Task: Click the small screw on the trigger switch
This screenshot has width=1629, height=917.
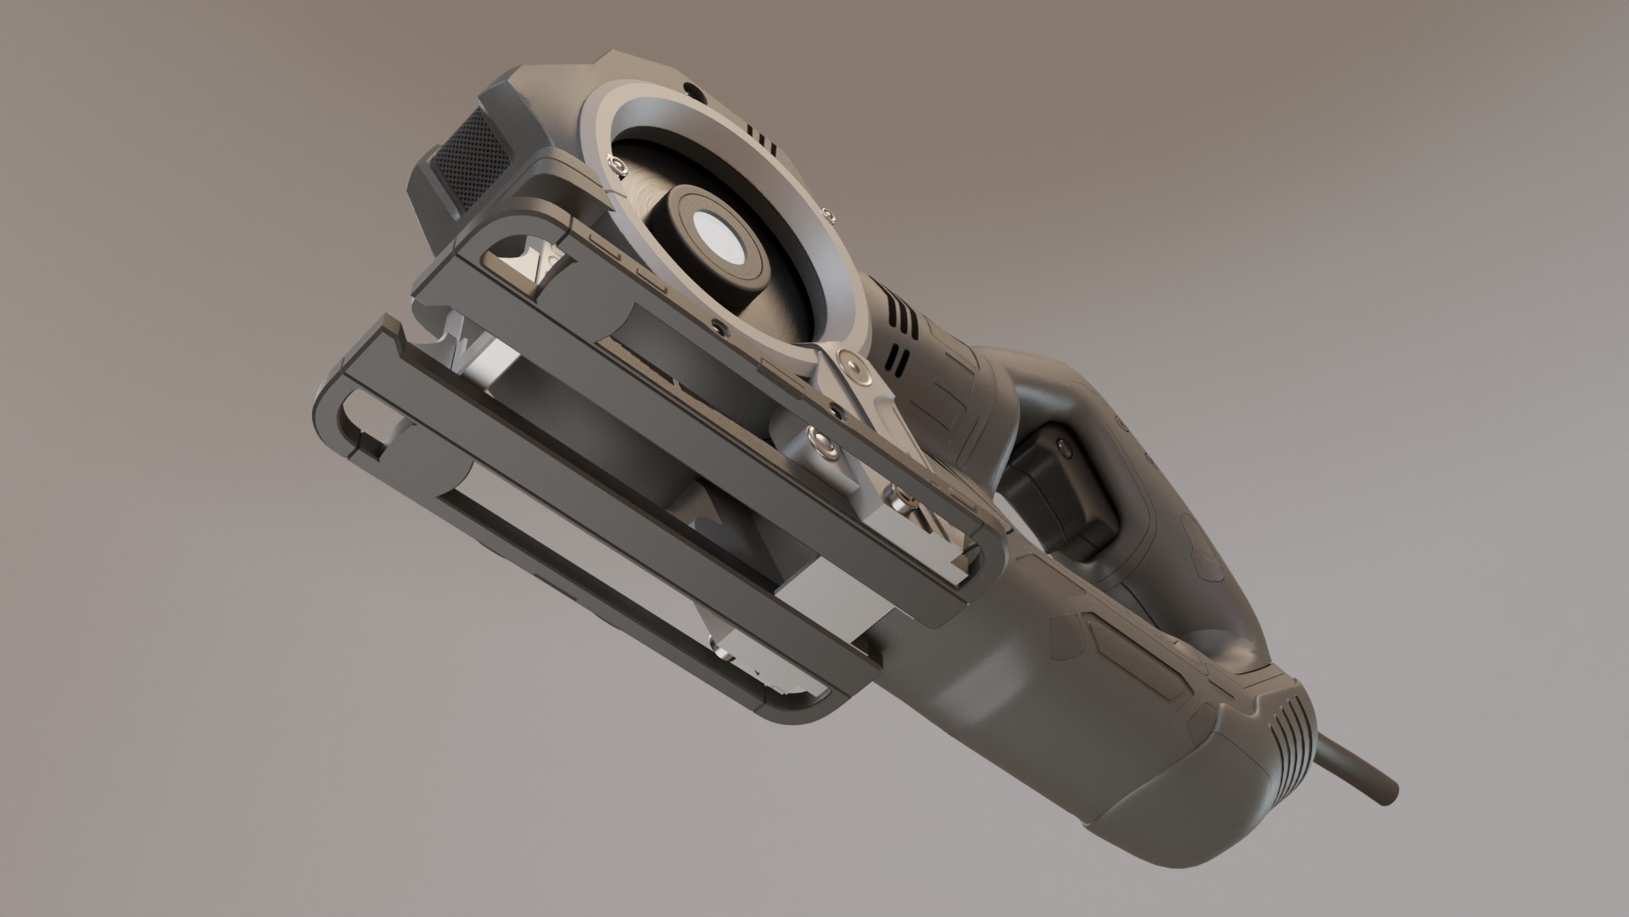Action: coord(1061,441)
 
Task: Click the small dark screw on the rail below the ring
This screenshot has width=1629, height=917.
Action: coord(719,326)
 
